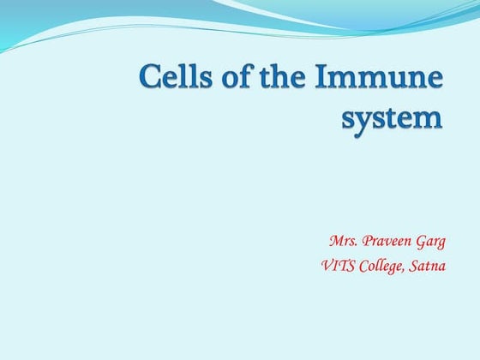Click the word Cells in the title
point(174,81)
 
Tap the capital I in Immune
point(319,81)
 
